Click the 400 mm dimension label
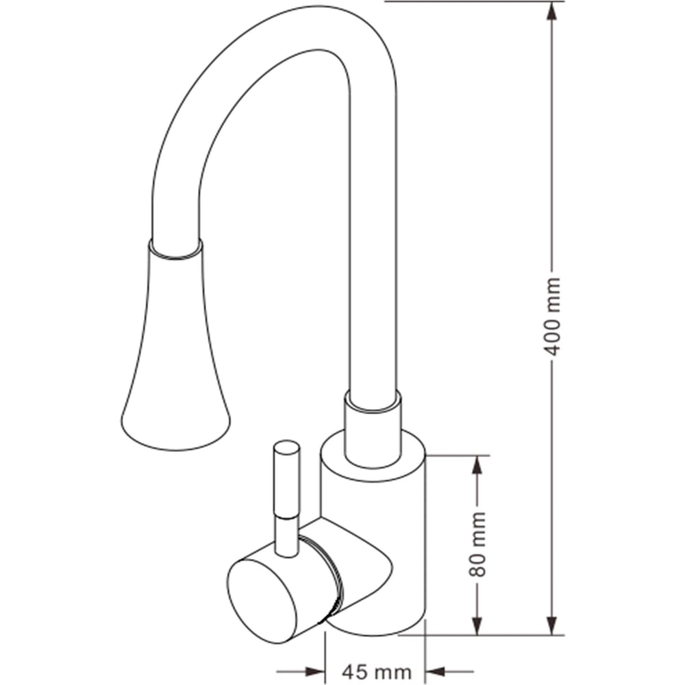pos(552,316)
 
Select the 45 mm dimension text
pos(376,671)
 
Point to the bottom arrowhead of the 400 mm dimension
pos(552,625)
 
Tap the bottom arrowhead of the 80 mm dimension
pos(477,625)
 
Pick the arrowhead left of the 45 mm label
pos(315,671)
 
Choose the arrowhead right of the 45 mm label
pos(435,671)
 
